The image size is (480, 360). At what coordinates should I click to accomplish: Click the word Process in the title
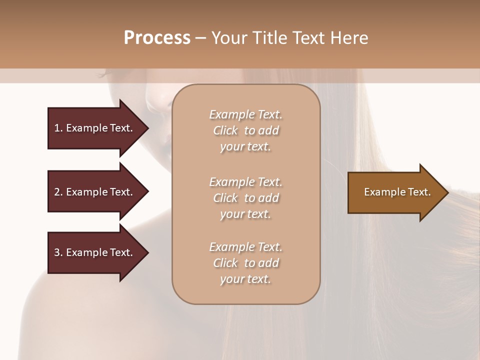(x=157, y=38)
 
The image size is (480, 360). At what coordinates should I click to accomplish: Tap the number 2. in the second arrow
(x=58, y=192)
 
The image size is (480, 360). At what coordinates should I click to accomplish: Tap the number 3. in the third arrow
(x=58, y=252)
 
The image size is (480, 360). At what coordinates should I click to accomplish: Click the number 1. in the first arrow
(x=58, y=128)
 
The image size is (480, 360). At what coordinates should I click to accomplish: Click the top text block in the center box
(x=245, y=130)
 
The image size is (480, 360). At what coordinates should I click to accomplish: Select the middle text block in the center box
(x=245, y=198)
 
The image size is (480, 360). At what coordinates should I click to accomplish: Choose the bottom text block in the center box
(x=245, y=263)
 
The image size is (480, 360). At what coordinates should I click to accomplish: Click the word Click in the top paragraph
(x=225, y=130)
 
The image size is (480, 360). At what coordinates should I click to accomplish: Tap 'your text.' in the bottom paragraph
(x=245, y=279)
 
